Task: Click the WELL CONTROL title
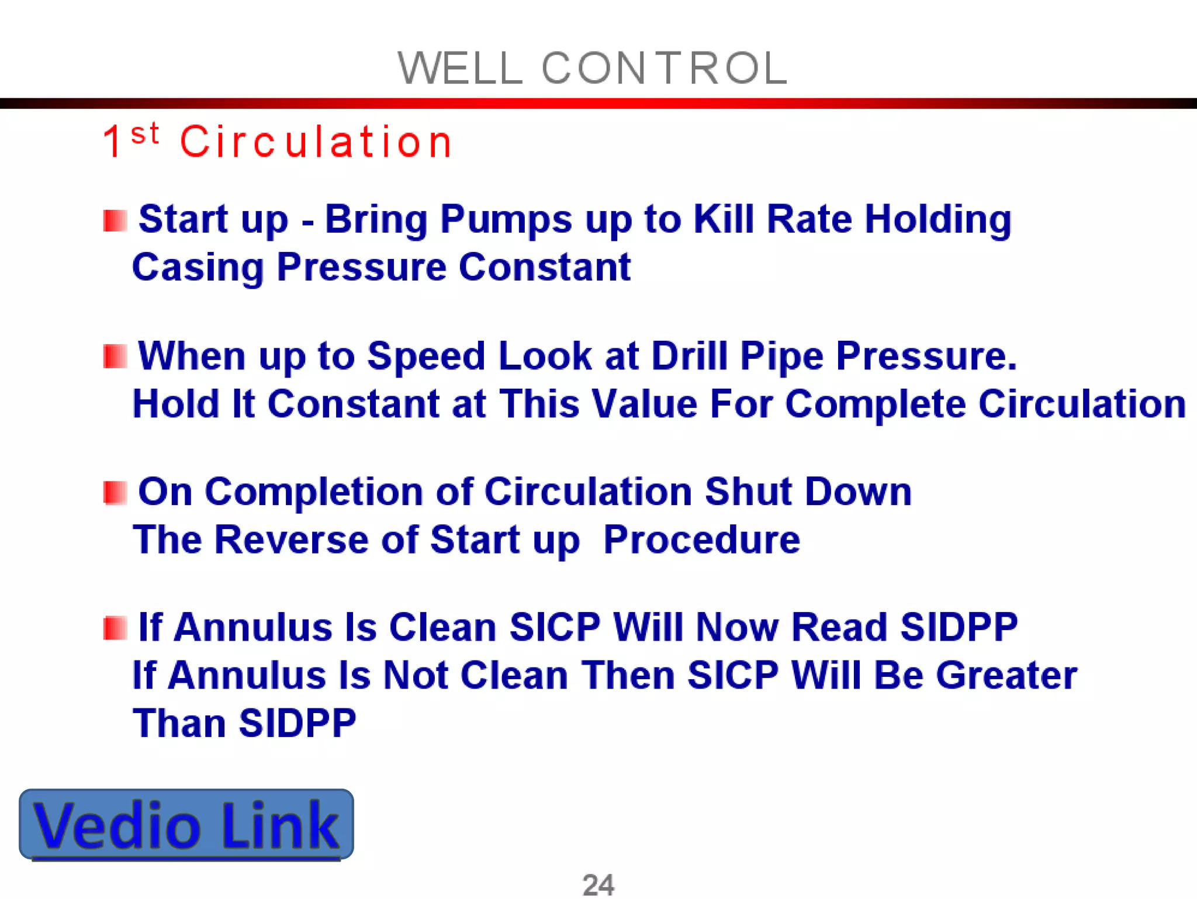click(x=593, y=68)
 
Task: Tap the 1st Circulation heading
click(x=278, y=141)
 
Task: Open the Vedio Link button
click(x=186, y=824)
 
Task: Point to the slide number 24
click(x=598, y=884)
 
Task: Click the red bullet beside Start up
click(x=115, y=221)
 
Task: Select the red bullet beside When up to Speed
click(x=115, y=357)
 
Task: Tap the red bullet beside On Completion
click(x=115, y=493)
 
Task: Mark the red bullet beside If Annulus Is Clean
click(x=115, y=628)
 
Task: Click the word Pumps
click(x=506, y=220)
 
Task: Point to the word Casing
click(x=198, y=268)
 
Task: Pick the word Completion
click(x=313, y=492)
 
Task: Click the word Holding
click(x=937, y=220)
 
